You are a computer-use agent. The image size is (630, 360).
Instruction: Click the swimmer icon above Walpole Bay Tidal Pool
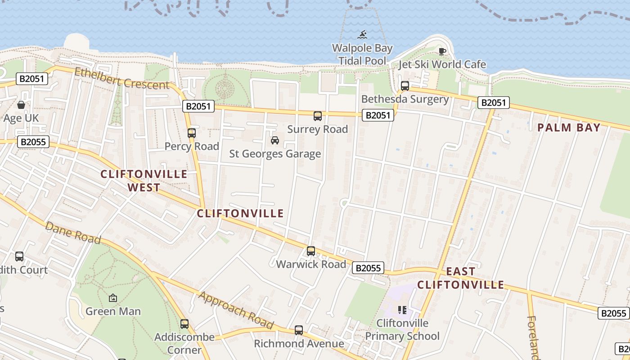coord(362,35)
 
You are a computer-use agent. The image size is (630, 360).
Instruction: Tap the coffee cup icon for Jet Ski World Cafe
coord(442,51)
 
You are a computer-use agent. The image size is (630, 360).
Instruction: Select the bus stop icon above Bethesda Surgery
coord(405,85)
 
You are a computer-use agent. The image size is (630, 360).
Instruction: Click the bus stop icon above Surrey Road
coord(318,116)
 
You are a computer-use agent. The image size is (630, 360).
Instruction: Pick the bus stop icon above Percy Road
coord(192,133)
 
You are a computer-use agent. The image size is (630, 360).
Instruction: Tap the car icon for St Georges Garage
coord(274,140)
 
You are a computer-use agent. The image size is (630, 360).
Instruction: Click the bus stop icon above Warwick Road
coord(311,251)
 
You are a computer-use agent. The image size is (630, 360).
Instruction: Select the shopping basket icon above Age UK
coord(21,105)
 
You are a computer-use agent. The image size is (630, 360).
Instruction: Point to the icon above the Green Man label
coord(113,298)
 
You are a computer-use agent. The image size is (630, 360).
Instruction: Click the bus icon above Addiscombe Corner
coord(184,324)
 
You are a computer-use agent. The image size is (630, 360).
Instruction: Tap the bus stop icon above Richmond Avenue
coord(299,330)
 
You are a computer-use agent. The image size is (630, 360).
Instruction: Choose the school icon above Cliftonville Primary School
coord(402,310)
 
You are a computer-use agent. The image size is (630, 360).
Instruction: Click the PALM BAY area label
coord(569,128)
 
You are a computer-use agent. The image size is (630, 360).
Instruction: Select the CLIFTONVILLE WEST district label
coord(144,181)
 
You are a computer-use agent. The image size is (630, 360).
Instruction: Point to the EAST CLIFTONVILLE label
coord(461,278)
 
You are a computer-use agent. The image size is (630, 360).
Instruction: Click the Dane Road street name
coord(72,233)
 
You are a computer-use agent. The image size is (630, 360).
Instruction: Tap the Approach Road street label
coord(236,310)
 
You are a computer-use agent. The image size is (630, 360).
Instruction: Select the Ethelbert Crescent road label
coord(122,78)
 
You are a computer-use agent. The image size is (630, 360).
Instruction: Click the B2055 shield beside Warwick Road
coord(368,268)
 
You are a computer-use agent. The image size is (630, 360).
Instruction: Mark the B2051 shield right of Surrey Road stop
coord(378,115)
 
